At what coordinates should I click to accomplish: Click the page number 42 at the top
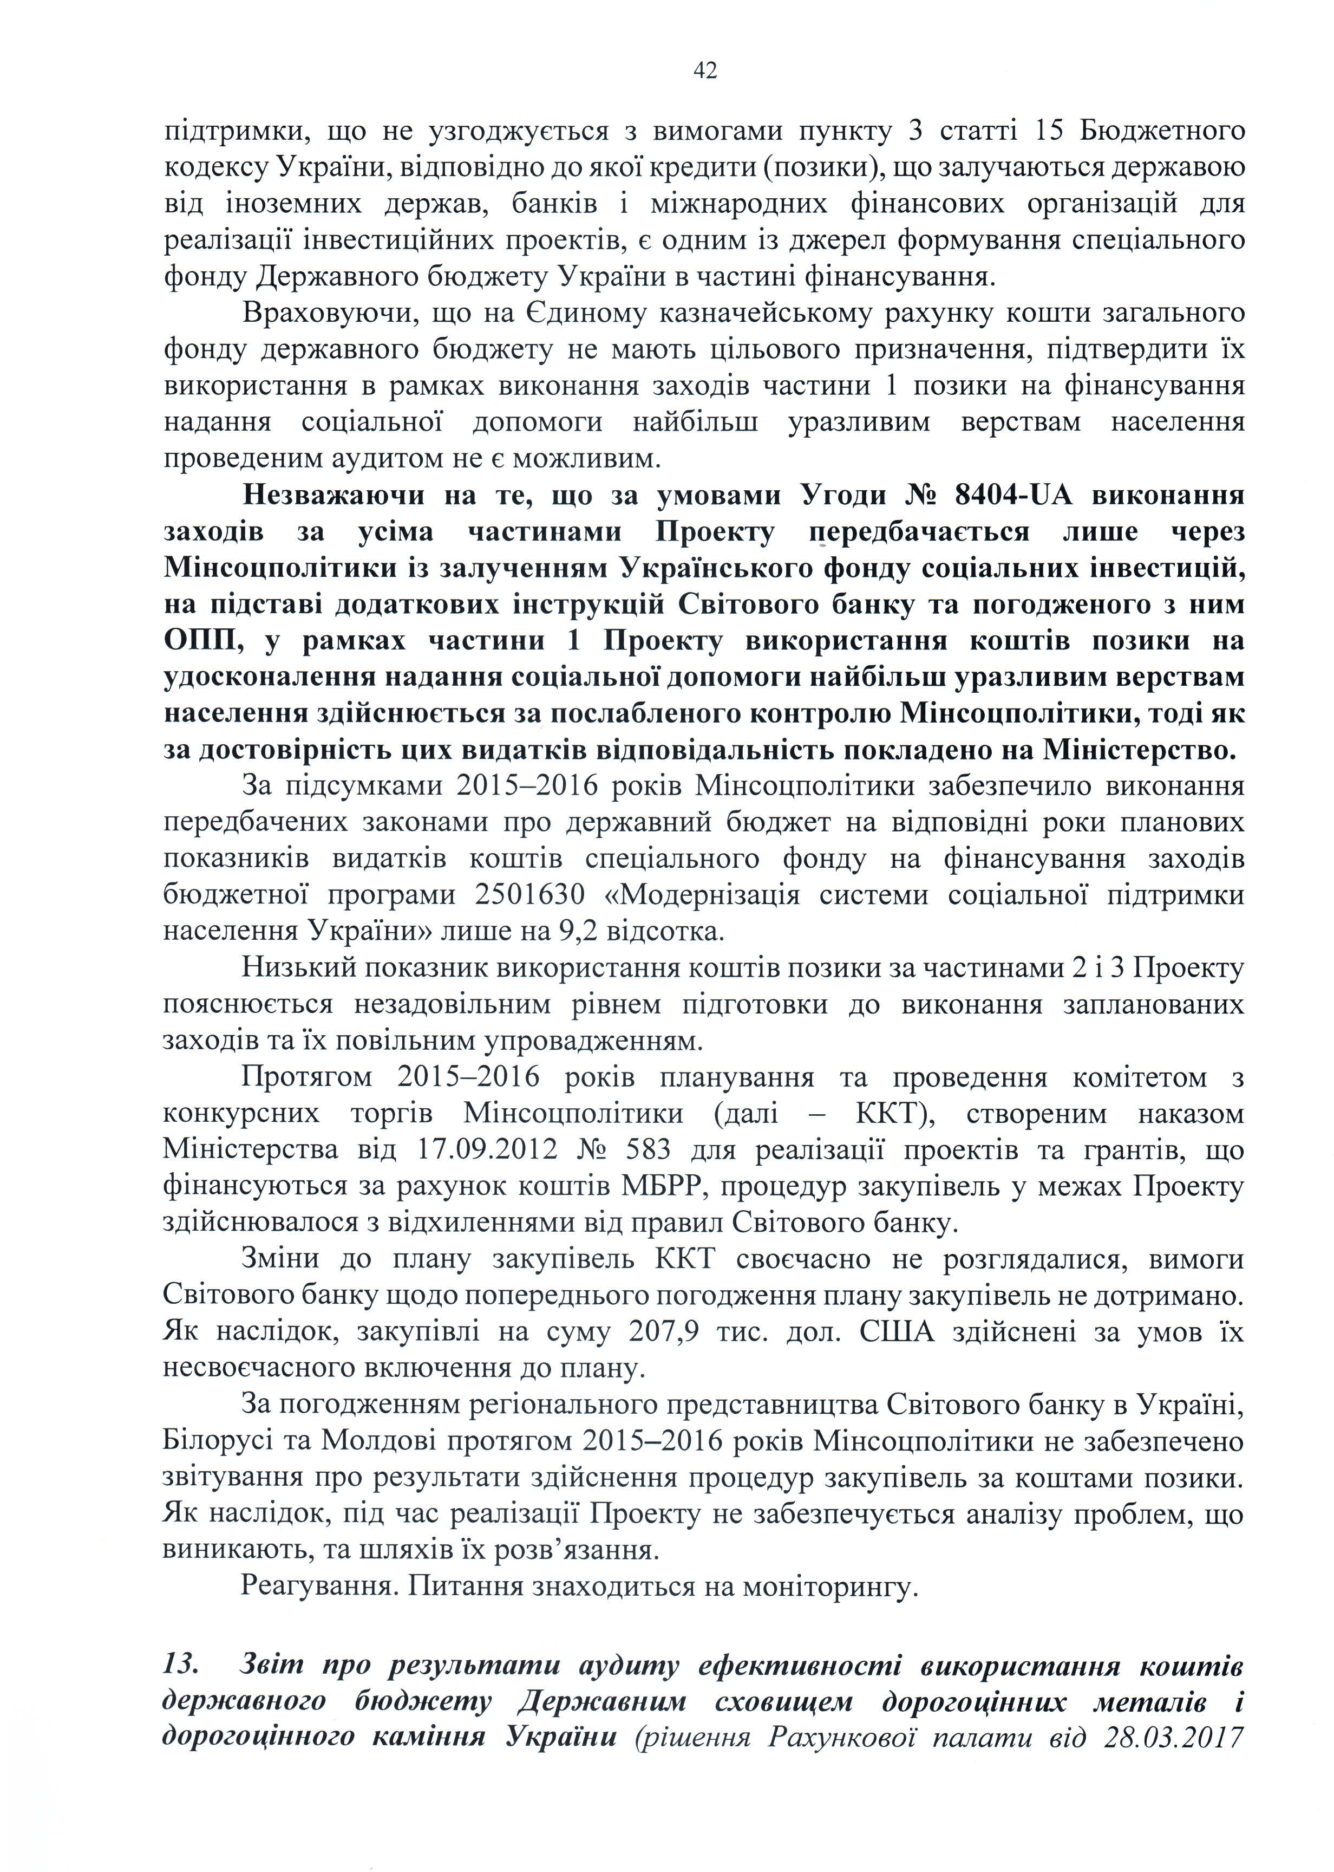pyautogui.click(x=705, y=71)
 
